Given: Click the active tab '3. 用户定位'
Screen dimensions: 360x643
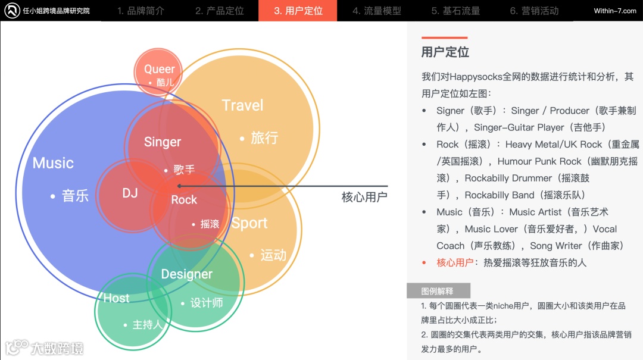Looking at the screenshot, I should (x=298, y=11).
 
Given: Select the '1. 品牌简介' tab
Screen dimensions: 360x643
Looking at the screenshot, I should (x=141, y=11).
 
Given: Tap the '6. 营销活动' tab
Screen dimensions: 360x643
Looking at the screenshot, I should (x=534, y=11).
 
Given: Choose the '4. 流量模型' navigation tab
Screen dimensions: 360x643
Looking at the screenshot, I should (x=376, y=11).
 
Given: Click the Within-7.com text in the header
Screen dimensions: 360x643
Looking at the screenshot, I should (x=615, y=11).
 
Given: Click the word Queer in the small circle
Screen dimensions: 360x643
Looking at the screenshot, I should (x=160, y=69).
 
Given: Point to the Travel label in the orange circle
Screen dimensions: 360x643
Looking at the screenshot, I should (x=242, y=105).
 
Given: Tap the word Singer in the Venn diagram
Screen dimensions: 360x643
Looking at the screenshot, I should (x=162, y=142).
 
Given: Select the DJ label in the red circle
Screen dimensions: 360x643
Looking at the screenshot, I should (x=130, y=193).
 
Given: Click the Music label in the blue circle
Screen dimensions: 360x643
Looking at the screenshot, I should (x=53, y=163).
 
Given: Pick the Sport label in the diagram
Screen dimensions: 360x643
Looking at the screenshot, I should (x=249, y=223).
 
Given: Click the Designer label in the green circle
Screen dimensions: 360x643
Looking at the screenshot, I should (x=187, y=274).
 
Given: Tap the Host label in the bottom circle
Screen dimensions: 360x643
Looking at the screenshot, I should (x=116, y=298).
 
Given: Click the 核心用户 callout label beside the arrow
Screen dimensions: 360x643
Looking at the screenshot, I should (x=364, y=197).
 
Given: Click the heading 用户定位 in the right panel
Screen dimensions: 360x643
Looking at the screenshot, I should (x=445, y=52).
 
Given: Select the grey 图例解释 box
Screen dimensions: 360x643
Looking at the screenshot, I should (x=438, y=291).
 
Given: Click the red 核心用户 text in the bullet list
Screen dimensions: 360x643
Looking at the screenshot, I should (x=455, y=262).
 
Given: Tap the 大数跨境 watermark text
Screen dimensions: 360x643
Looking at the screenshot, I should (x=57, y=348).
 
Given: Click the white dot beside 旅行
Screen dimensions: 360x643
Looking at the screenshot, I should (x=242, y=139).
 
